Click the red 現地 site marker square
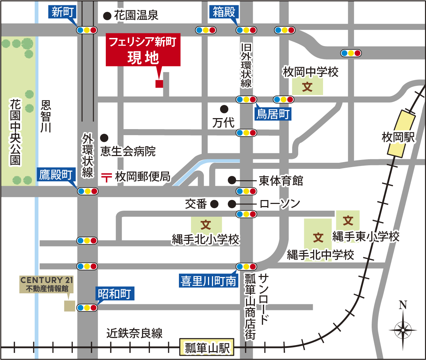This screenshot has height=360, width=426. [159, 84]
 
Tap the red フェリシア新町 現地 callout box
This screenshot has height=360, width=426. [143, 50]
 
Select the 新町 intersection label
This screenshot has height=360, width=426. [62, 12]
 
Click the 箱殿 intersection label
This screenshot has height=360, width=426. [224, 12]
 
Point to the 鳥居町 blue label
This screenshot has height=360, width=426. [273, 114]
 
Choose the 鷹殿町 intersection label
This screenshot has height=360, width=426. [56, 175]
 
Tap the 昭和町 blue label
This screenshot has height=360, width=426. [114, 294]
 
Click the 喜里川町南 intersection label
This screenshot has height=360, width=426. [208, 281]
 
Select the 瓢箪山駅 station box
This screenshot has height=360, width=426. [207, 347]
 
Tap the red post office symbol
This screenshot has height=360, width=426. [106, 177]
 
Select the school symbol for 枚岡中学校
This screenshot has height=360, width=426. [307, 87]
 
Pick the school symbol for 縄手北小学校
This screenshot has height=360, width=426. [206, 225]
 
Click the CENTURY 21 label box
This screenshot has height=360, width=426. [47, 284]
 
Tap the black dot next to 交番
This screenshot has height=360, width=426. [214, 204]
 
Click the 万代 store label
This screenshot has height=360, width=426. [223, 123]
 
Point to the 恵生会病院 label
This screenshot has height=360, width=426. [128, 151]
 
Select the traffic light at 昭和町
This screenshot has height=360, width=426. [87, 308]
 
